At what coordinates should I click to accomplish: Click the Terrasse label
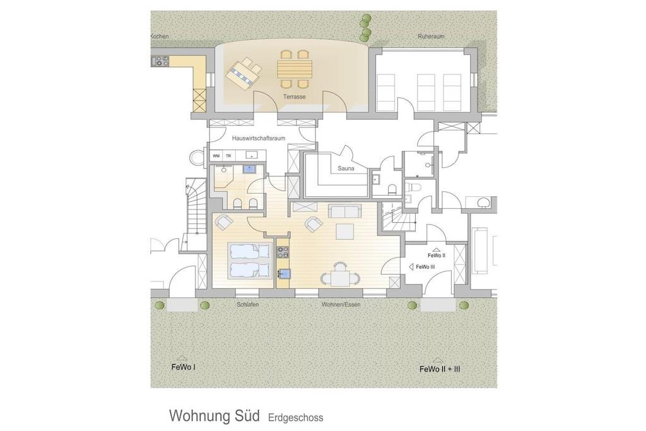[294, 97]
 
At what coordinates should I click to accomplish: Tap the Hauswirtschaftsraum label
[259, 138]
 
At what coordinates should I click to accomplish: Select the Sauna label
[346, 168]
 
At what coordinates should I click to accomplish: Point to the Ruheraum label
[431, 36]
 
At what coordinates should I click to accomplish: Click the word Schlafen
[247, 305]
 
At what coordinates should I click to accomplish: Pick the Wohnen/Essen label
[341, 305]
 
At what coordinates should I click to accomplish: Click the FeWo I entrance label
[183, 367]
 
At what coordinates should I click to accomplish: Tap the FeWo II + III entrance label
[440, 369]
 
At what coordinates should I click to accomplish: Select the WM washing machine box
[216, 156]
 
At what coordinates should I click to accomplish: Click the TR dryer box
[228, 156]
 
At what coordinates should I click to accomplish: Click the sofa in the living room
[345, 211]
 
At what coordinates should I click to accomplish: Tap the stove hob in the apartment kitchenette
[283, 251]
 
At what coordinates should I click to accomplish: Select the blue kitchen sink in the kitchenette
[285, 273]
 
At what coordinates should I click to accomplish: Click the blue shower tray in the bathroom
[249, 169]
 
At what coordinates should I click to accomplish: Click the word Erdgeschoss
[295, 418]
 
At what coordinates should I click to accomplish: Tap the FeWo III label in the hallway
[425, 267]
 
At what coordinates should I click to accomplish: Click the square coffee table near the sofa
[345, 231]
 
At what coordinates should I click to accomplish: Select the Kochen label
[160, 36]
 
